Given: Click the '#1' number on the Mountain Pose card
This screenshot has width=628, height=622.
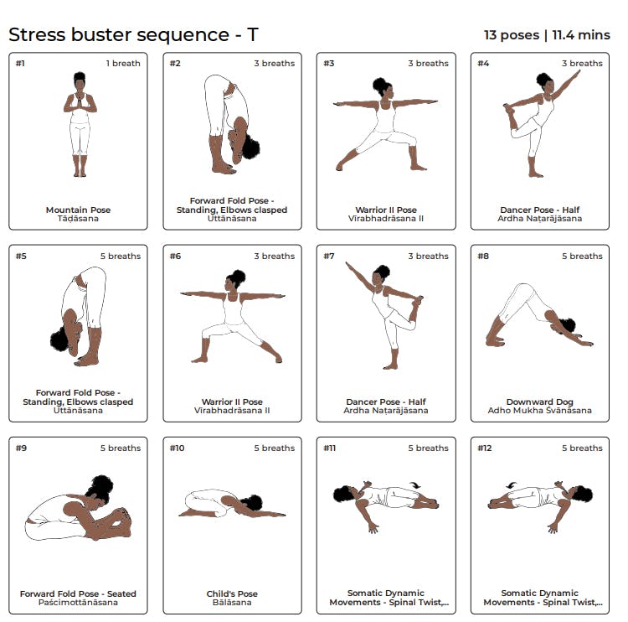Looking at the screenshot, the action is coord(20,64).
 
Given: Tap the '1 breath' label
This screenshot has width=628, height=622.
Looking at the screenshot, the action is coord(123,64).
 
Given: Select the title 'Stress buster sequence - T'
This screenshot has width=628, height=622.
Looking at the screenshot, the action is coord(133,34).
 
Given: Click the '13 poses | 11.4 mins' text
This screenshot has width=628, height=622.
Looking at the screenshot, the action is coord(547,35).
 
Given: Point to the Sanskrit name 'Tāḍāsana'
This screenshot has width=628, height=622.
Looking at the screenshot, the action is coord(78,219).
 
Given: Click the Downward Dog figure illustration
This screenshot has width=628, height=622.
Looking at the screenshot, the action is coord(539,315).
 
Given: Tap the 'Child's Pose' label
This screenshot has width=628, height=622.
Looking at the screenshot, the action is coord(232,593).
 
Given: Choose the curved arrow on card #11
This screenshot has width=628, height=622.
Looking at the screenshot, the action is coord(415,485).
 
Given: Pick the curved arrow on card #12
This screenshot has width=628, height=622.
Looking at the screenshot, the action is coord(511,485).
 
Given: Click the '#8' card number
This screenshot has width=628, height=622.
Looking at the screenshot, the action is coord(483,257).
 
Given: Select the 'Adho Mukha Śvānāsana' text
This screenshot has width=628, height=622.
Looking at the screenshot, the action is coord(539,410).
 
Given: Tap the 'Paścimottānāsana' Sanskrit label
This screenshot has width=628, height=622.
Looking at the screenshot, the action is coord(78,603).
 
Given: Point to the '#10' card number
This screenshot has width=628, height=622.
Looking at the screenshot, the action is coord(177,448).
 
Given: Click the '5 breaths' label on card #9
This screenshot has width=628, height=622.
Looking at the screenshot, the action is coord(121,448).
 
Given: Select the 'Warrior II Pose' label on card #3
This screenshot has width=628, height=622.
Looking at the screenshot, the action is coord(386,210).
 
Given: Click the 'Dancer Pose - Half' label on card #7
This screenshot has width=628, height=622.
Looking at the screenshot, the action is coord(386,402).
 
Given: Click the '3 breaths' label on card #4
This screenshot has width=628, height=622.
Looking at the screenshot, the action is coord(582,64).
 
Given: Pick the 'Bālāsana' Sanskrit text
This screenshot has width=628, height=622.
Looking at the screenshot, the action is coord(232,603).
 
